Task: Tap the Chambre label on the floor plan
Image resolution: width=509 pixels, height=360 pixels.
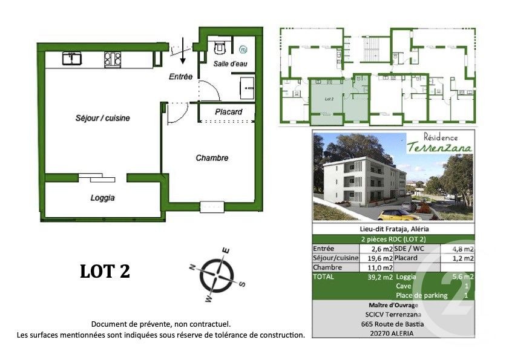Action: click(212, 158)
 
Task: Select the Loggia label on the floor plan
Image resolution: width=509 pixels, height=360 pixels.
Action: click(103, 198)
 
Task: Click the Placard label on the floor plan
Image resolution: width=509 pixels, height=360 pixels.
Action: click(228, 112)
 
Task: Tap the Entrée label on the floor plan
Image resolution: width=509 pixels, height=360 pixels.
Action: click(180, 77)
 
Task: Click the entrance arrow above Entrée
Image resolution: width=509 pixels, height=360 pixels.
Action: click(182, 54)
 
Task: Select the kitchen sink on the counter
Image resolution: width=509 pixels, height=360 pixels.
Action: click(73, 59)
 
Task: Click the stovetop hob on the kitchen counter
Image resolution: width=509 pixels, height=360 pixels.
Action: click(112, 59)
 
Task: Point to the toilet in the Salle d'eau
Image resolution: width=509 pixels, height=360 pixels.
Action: click(219, 47)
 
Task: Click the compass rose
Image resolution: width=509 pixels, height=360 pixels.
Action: click(217, 273)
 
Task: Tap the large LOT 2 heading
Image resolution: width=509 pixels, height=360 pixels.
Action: click(105, 272)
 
